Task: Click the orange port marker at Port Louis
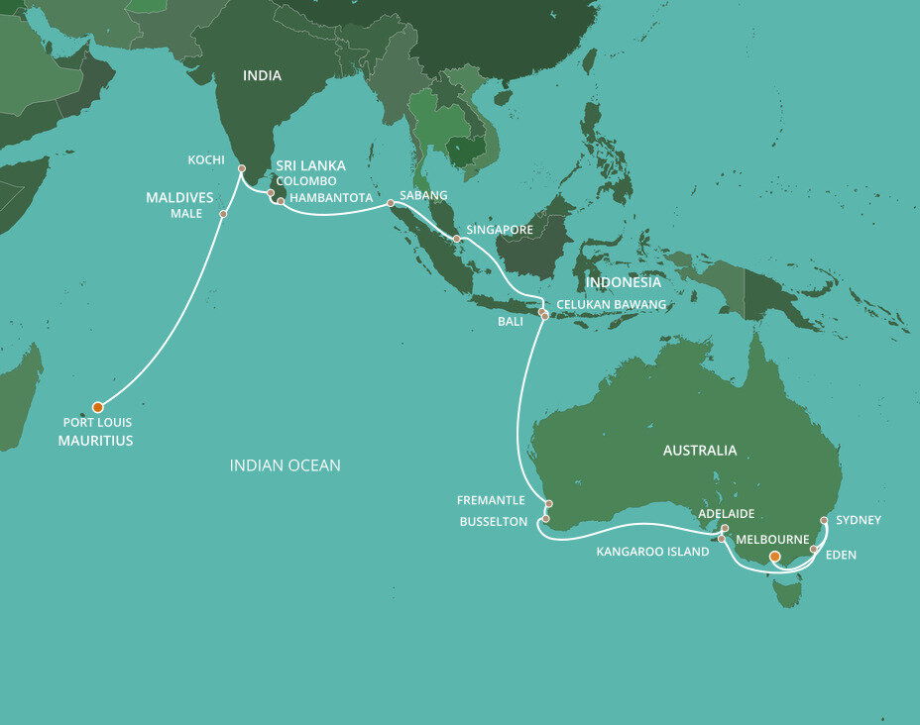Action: tap(97, 407)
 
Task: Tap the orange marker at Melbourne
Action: tap(775, 557)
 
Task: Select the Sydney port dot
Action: tap(825, 519)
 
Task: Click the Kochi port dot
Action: tap(241, 169)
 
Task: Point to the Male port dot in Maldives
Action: tap(223, 214)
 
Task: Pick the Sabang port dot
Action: tap(391, 203)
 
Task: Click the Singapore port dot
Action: tap(456, 239)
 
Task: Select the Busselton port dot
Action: tap(545, 518)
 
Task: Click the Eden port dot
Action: tap(814, 549)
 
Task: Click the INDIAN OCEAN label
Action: tap(285, 465)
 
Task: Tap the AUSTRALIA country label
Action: tap(700, 450)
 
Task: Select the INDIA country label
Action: tap(262, 75)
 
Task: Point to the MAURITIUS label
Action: tap(94, 441)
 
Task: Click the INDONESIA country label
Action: tap(623, 282)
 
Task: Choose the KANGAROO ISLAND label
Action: tap(652, 552)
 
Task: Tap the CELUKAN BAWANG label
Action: tap(611, 304)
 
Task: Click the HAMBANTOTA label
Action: tap(330, 198)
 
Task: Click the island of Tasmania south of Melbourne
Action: tap(787, 594)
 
